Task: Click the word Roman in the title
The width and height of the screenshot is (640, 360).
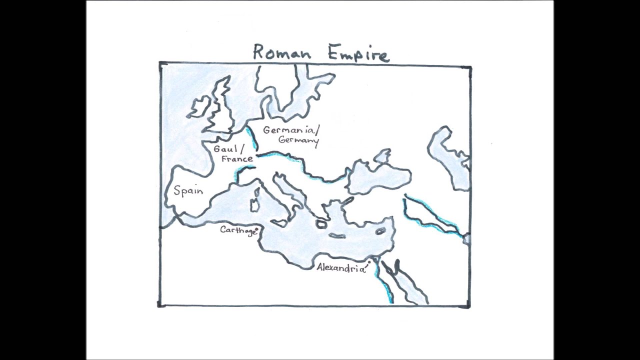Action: coord(281,52)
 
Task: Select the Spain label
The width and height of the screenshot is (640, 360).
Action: coord(188,191)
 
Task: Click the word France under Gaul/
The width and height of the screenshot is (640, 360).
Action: coord(237,159)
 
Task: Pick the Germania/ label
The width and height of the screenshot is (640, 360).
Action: coord(290,130)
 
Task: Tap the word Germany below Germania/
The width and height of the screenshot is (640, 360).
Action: coord(298,140)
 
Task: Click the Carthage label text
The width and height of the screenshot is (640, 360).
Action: coord(237,230)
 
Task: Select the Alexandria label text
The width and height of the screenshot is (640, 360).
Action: coord(340,268)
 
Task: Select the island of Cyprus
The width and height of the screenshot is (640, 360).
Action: coord(380,230)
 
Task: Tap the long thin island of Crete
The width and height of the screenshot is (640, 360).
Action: coord(337,235)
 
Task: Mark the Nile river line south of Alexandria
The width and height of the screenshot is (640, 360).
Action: coord(384,285)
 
